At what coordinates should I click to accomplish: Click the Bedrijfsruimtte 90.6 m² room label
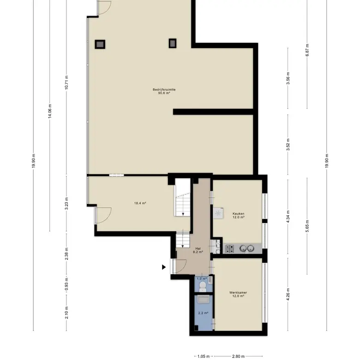(x=164, y=91)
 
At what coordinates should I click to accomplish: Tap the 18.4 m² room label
(x=140, y=203)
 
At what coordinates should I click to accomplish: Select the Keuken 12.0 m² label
(x=238, y=216)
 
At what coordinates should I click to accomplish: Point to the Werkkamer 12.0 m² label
(x=238, y=294)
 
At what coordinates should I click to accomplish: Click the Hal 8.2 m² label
(x=198, y=250)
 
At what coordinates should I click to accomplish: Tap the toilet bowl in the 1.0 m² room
(x=203, y=286)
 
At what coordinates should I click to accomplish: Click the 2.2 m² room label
(x=203, y=313)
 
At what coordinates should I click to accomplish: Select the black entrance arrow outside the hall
(x=164, y=267)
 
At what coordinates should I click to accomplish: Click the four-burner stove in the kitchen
(x=229, y=248)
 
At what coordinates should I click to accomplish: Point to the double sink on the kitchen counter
(x=247, y=248)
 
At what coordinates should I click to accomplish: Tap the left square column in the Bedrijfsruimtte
(x=100, y=44)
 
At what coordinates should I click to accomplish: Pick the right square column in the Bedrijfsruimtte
(x=173, y=43)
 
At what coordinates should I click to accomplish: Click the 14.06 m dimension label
(x=50, y=111)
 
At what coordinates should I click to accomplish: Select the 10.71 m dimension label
(x=66, y=83)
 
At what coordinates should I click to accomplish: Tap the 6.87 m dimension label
(x=307, y=50)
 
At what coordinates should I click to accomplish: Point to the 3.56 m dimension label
(x=288, y=78)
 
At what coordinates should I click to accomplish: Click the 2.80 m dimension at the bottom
(x=238, y=356)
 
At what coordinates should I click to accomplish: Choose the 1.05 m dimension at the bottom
(x=204, y=356)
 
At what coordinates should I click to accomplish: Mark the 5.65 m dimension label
(x=307, y=226)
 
